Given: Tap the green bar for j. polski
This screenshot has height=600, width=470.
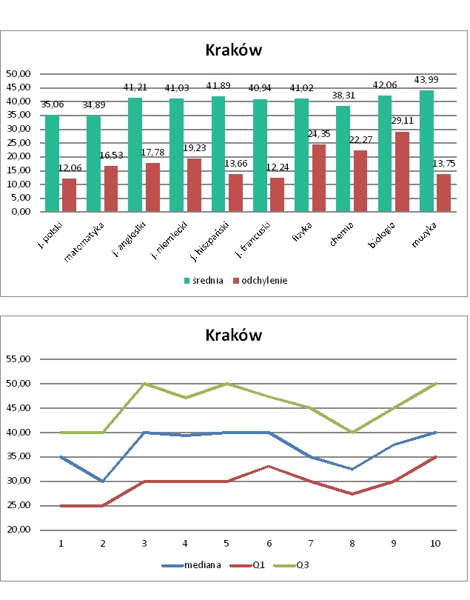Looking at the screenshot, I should coord(52,163).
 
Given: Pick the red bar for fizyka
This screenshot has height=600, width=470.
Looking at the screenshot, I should coord(318,178).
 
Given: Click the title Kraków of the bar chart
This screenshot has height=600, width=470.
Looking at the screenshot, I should coord(234,50).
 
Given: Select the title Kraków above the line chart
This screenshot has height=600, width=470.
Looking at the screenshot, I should coord(234,335).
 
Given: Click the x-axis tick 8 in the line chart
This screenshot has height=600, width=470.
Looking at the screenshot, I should coord(352,544).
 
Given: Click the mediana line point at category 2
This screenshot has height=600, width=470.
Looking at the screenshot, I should coord(103,481).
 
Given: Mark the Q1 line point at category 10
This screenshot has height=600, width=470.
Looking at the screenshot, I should coord(436,457).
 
